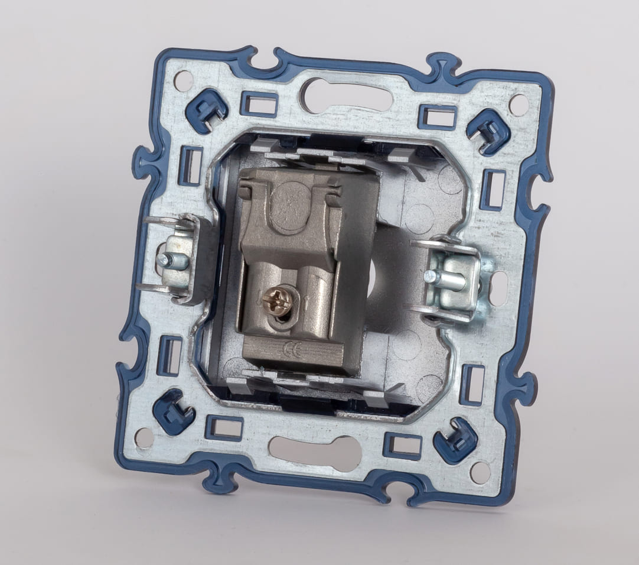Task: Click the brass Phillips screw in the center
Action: coord(275,297)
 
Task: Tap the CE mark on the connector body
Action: coord(292,348)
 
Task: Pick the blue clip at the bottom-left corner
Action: coord(173,411)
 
